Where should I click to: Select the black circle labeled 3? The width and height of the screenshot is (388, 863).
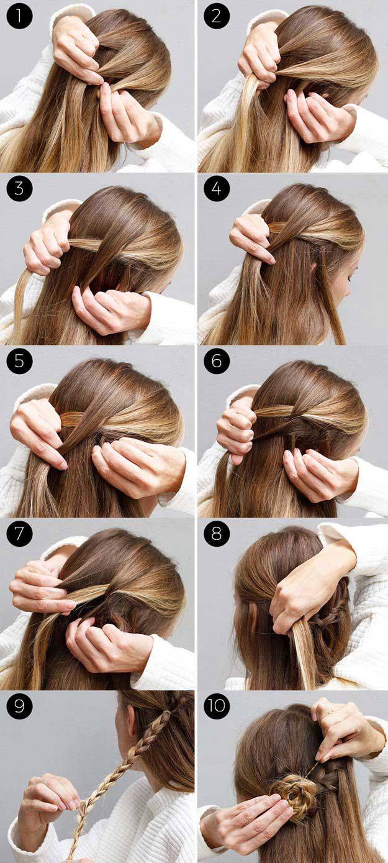click(x=19, y=188)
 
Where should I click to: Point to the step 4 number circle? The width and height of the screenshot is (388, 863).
click(x=217, y=188)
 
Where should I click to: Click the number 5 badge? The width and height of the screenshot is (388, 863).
click(x=19, y=361)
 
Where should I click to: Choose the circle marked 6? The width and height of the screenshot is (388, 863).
click(x=217, y=361)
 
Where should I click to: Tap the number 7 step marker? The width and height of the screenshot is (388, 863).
click(x=19, y=534)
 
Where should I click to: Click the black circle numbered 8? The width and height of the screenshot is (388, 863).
click(x=217, y=534)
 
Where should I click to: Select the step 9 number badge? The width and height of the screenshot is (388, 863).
click(x=19, y=706)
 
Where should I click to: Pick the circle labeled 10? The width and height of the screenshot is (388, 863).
click(x=217, y=706)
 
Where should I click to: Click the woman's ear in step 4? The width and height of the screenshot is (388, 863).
click(x=314, y=267)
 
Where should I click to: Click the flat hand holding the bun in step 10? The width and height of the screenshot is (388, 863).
click(x=246, y=817)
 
